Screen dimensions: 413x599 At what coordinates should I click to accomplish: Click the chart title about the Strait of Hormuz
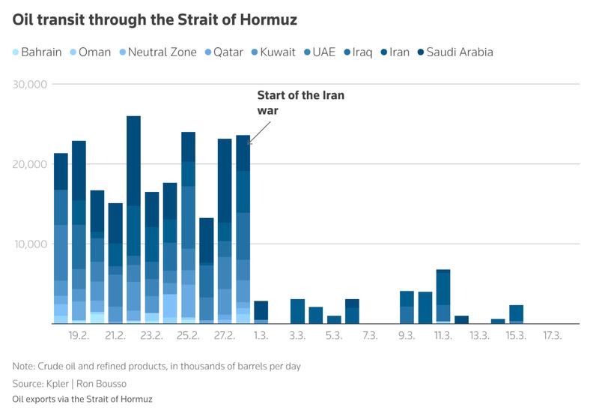tap(155, 20)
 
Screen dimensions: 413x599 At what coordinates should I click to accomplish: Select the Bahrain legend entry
tap(35, 52)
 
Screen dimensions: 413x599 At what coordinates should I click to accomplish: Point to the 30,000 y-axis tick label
tap(31, 84)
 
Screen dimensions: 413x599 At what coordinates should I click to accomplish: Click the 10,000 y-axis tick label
tap(31, 244)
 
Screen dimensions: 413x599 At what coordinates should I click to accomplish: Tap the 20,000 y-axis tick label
tap(31, 164)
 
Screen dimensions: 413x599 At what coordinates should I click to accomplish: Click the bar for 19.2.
tap(79, 232)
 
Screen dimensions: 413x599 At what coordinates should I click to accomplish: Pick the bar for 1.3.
tap(261, 312)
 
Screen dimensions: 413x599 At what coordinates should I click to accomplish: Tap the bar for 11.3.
tap(443, 296)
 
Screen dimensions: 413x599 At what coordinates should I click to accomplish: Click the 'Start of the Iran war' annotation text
tap(300, 103)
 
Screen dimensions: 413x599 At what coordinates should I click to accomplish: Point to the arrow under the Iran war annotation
tap(259, 133)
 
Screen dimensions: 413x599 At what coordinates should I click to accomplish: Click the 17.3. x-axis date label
tap(553, 335)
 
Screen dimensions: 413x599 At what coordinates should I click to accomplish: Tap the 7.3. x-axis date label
tap(370, 335)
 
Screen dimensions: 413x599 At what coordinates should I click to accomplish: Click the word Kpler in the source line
tap(67, 384)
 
